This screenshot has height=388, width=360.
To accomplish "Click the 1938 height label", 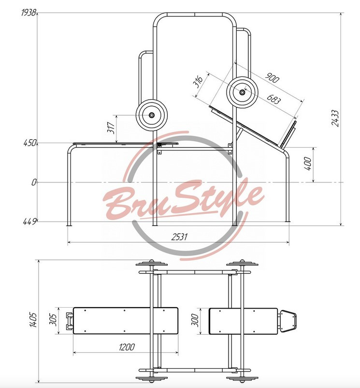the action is [x=29, y=13].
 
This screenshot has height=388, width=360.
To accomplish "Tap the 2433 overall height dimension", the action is [x=335, y=118].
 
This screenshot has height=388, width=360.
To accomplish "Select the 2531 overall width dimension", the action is [x=179, y=237].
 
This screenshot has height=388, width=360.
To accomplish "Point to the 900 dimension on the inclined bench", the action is [x=272, y=78].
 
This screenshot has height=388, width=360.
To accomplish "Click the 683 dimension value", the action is [x=274, y=99].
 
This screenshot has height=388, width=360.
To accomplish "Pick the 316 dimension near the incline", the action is [x=198, y=81].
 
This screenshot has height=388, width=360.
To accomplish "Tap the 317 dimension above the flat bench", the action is [x=112, y=128].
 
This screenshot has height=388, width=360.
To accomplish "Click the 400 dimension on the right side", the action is [x=308, y=163].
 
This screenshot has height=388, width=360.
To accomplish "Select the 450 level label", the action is [x=29, y=143].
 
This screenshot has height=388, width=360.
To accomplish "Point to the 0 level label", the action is [x=34, y=182].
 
